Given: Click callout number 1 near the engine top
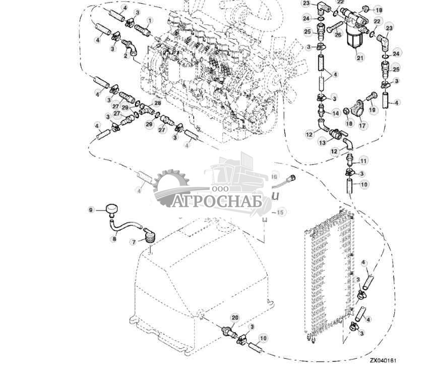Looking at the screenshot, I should point(149,20).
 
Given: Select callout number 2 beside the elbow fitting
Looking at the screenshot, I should point(125,56).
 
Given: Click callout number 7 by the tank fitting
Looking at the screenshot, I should point(134,243).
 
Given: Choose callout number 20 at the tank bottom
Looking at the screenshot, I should point(234,318).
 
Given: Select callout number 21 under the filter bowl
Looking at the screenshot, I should point(360,58).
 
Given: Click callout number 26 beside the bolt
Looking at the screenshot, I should point(338,34).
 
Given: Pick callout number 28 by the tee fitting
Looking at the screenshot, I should point(157,103).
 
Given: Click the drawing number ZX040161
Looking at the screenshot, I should point(383,361).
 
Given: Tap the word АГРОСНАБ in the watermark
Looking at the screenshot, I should point(214,202).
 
